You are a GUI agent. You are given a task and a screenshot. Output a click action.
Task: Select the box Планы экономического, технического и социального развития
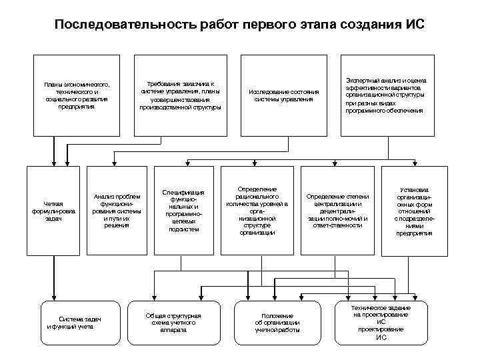tap(77, 95)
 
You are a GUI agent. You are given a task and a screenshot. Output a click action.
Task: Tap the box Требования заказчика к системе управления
tap(180, 95)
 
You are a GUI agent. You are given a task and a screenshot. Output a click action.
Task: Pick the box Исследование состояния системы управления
tap(283, 95)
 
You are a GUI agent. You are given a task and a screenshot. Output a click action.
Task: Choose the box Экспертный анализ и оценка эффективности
tap(383, 95)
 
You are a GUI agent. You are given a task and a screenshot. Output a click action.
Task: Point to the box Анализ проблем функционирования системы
tap(117, 209)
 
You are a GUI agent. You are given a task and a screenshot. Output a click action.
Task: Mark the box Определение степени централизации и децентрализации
tap(337, 209)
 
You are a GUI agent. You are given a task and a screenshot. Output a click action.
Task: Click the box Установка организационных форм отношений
tap(414, 209)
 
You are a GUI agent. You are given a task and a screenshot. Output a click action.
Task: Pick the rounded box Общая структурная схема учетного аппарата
tap(173, 323)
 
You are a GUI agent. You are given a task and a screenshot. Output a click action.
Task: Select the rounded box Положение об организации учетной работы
tap(277, 323)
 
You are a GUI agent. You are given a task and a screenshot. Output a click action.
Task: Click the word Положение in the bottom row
tap(277, 315)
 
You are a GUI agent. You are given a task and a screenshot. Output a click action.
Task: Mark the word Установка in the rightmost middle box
tap(414, 189)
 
